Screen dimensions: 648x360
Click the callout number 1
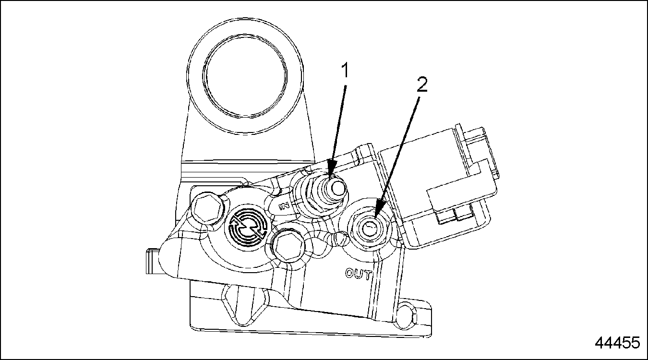[x=345, y=71]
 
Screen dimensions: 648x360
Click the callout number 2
[x=422, y=85]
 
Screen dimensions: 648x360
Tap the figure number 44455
[x=617, y=343]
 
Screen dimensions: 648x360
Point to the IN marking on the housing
[x=284, y=206]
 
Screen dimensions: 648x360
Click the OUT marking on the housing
[x=358, y=274]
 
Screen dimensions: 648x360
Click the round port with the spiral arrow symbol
[x=247, y=228]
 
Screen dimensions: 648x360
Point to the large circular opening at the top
[x=245, y=76]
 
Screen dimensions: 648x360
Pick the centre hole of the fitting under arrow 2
[x=369, y=228]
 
